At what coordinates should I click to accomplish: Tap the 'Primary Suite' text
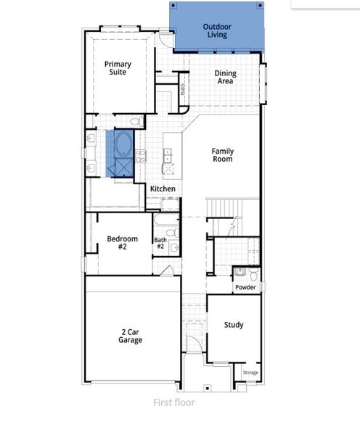(x=117, y=68)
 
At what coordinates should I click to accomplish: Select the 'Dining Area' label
(x=225, y=78)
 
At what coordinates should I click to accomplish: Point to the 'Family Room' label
(x=222, y=155)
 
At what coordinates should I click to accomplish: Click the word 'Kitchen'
(x=163, y=189)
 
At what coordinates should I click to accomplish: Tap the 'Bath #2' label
(x=160, y=244)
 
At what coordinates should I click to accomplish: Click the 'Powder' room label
(x=245, y=287)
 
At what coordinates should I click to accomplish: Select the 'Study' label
(x=233, y=325)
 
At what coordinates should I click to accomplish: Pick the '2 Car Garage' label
(x=131, y=336)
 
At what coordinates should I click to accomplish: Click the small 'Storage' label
(x=250, y=373)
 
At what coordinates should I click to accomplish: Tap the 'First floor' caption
(x=173, y=402)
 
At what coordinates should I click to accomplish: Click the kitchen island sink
(x=168, y=154)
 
